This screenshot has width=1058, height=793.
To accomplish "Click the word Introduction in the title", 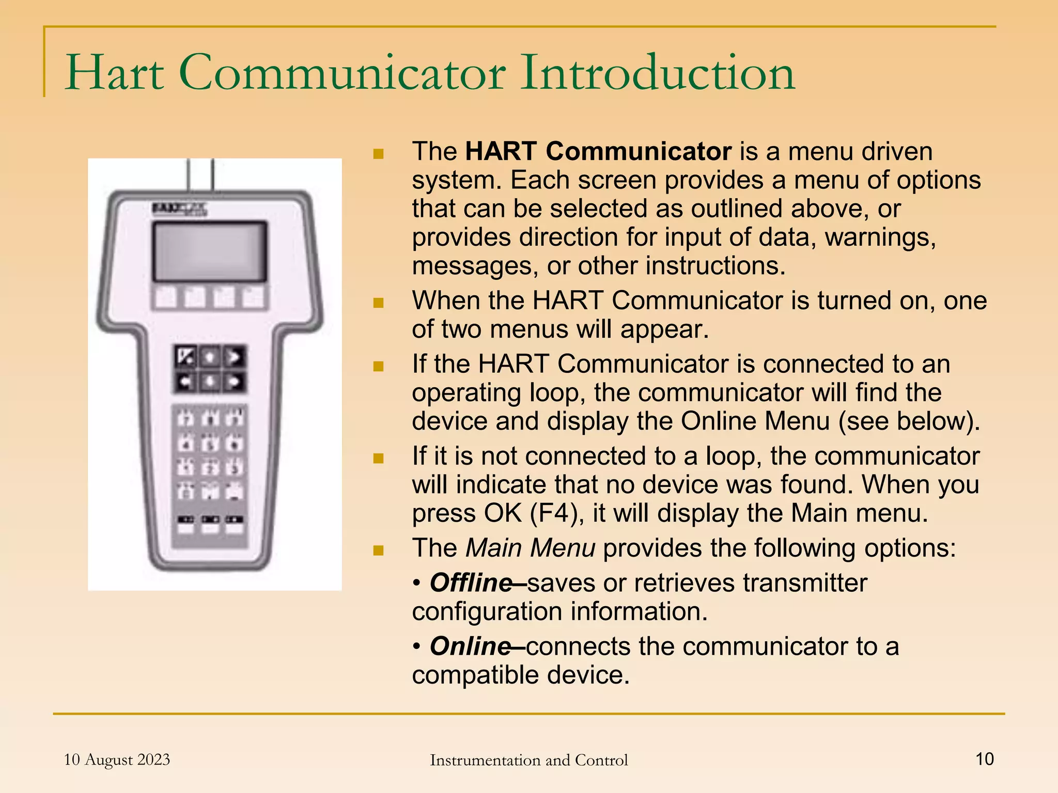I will pyautogui.click(x=657, y=73).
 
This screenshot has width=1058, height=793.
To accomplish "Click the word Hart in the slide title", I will pyautogui.click(x=115, y=73).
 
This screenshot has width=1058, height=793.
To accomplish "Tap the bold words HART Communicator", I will pyautogui.click(x=598, y=152).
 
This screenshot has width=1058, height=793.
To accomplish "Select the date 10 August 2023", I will pyautogui.click(x=117, y=759).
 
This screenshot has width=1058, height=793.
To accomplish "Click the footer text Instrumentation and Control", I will pyautogui.click(x=528, y=760).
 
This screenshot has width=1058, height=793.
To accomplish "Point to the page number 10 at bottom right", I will pyautogui.click(x=984, y=759).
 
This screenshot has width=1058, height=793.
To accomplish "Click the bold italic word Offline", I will pyautogui.click(x=471, y=583).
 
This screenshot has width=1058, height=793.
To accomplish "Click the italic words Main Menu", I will pyautogui.click(x=530, y=548).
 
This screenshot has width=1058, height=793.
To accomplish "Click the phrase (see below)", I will pyautogui.click(x=909, y=421).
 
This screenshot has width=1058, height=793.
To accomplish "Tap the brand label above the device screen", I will pyautogui.click(x=179, y=209).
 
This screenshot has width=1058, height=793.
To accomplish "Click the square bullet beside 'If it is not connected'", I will pyautogui.click(x=378, y=458).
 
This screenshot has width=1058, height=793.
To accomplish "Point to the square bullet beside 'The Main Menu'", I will pyautogui.click(x=378, y=549).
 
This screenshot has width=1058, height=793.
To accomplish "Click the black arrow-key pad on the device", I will pyautogui.click(x=209, y=370).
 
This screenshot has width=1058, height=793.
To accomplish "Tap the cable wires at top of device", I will pyautogui.click(x=200, y=175).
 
